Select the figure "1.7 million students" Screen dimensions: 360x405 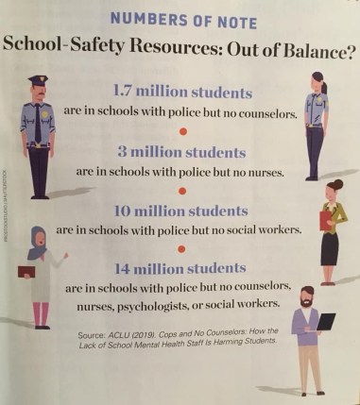pyautogui.click(x=182, y=93)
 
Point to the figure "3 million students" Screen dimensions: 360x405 pyautogui.click(x=182, y=151)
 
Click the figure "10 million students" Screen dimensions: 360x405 pyautogui.click(x=182, y=210)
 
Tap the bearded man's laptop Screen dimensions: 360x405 pyautogui.click(x=322, y=322)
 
